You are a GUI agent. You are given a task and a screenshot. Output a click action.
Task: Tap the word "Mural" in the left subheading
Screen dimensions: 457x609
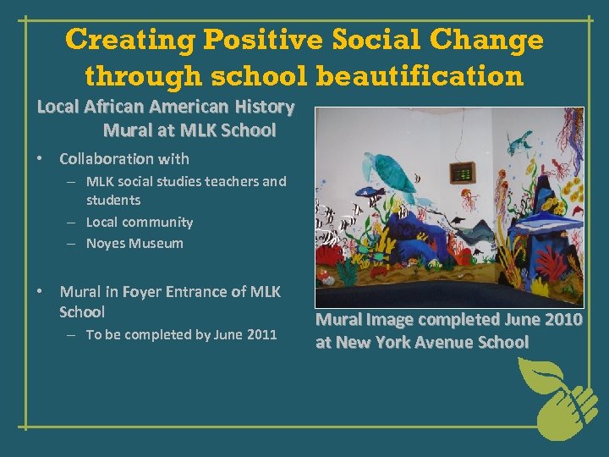coord(128,130)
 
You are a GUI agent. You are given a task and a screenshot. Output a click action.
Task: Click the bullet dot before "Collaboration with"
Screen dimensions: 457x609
coord(40,159)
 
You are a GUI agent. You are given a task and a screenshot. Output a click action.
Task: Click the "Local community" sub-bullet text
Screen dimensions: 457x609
coord(140,222)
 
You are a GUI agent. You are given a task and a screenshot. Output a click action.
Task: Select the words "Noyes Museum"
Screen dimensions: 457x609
coord(134,243)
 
